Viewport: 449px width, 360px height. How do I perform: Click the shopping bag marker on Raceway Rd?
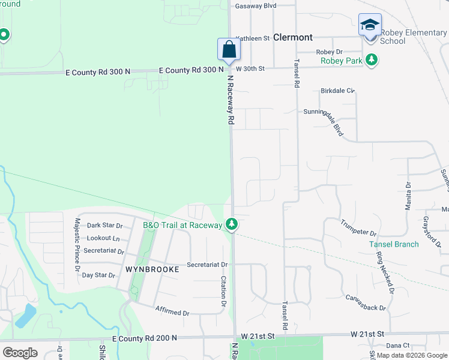click(x=229, y=49)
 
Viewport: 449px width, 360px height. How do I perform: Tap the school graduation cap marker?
click(x=369, y=25)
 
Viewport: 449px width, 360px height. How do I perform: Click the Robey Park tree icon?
click(x=373, y=59)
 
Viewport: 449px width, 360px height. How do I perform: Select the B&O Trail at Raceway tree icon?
click(x=232, y=225)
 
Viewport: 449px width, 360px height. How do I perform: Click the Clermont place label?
click(x=292, y=37)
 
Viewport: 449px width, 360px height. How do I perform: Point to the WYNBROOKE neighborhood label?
click(x=152, y=269)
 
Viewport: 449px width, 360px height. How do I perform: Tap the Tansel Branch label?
click(x=394, y=244)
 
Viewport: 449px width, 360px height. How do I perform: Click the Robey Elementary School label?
click(x=409, y=37)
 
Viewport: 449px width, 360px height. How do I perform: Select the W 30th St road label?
click(x=250, y=69)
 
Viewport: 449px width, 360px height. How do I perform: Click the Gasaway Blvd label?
click(x=256, y=5)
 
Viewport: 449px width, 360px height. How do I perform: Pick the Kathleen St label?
click(x=253, y=38)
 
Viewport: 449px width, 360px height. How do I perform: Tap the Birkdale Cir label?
click(x=338, y=91)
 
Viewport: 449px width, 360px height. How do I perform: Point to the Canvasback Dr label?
click(x=366, y=303)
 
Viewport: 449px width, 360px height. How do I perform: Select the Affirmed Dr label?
click(x=172, y=313)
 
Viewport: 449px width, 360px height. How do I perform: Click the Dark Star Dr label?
click(x=105, y=226)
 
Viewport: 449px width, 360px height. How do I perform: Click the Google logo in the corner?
click(x=20, y=352)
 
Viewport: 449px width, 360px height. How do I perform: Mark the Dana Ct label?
click(x=397, y=346)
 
